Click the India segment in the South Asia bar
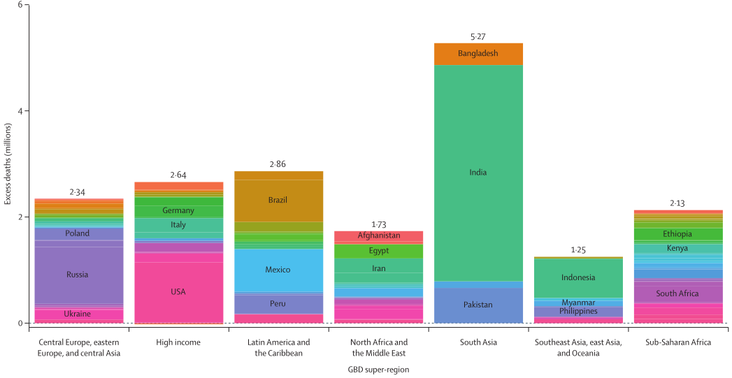(x=478, y=173)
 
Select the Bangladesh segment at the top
(x=478, y=53)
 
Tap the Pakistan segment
(x=478, y=305)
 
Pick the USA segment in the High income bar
(x=178, y=291)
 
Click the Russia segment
(x=78, y=274)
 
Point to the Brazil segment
(x=278, y=200)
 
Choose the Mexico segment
(x=278, y=270)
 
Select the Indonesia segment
(x=578, y=277)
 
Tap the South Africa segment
(x=677, y=293)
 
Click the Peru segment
(x=278, y=303)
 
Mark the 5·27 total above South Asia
(x=478, y=36)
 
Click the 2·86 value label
(x=278, y=164)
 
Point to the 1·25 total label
(x=578, y=249)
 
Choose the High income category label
(x=178, y=342)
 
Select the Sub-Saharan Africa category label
(x=677, y=342)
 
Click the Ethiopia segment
(x=677, y=234)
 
